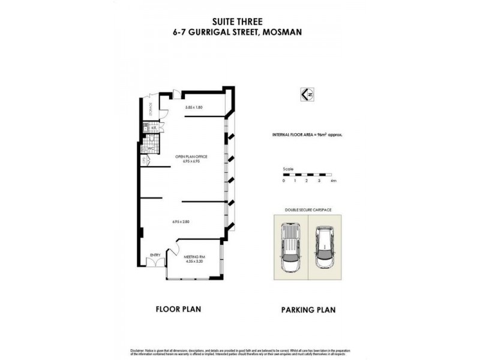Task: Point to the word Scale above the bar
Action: point(289,169)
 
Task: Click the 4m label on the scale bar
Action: point(333,181)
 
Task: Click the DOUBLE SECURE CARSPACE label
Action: point(307,210)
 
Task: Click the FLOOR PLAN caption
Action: point(178,310)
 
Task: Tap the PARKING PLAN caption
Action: point(308,310)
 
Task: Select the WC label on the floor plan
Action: point(152,148)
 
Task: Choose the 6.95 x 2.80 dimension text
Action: point(181,222)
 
